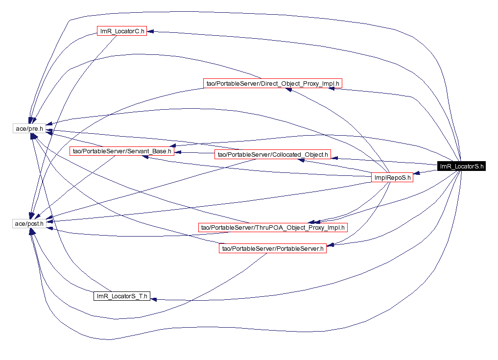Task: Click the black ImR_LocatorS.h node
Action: pos(462,166)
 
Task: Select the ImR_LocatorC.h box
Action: pos(122,31)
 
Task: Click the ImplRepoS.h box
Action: pos(392,178)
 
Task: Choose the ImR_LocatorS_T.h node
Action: pos(121,296)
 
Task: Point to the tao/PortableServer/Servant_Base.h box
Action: pos(121,151)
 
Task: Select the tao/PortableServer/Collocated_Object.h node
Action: pos(273,155)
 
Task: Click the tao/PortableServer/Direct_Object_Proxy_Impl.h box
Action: pos(272,84)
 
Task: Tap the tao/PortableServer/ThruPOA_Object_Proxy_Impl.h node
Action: pos(273,227)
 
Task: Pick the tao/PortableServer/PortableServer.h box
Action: pos(273,249)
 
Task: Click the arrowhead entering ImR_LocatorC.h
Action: pos(150,32)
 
